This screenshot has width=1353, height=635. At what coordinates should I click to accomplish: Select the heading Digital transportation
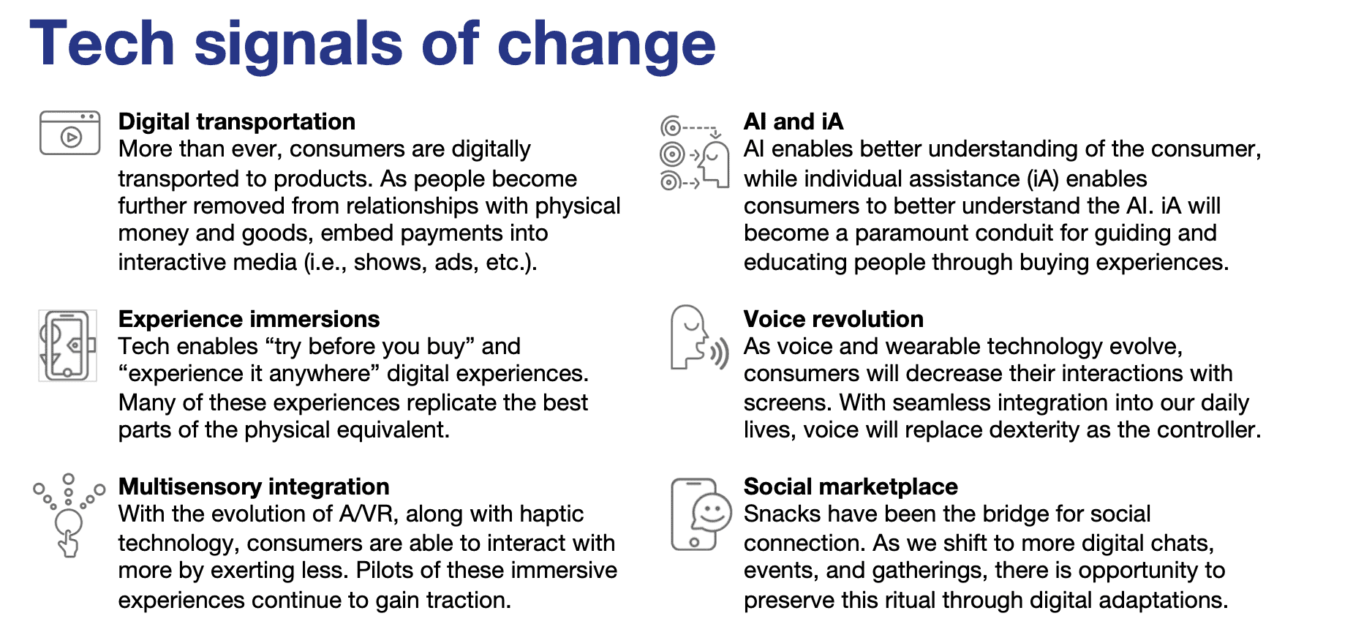(237, 121)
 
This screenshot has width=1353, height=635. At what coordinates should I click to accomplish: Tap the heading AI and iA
(794, 121)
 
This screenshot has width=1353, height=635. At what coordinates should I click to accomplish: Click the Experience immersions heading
(249, 319)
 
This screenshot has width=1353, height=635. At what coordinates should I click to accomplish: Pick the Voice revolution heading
(833, 319)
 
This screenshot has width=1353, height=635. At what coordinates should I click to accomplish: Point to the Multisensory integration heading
(254, 486)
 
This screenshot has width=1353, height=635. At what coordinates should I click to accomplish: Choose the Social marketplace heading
(851, 486)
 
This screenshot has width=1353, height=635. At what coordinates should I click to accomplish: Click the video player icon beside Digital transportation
(69, 133)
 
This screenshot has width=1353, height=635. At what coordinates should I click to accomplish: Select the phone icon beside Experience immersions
(67, 345)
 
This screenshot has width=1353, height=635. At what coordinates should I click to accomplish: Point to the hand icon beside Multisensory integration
(69, 515)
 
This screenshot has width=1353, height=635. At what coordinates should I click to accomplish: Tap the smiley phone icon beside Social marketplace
(701, 514)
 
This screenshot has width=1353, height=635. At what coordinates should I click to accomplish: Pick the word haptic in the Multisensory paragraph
(551, 515)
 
